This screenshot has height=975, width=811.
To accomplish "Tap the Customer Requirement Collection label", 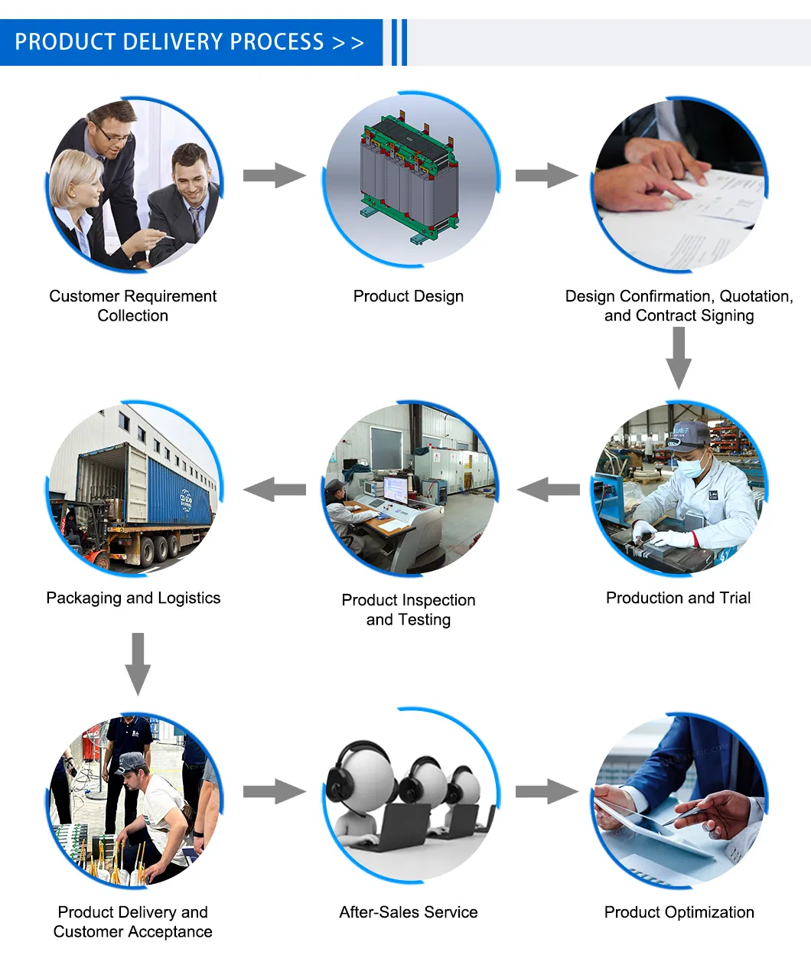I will [x=132, y=305].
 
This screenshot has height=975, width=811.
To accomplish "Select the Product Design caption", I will [x=408, y=296].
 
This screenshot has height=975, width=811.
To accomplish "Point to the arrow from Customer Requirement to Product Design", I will [x=273, y=175].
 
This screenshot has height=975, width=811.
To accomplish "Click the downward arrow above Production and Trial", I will [x=678, y=358].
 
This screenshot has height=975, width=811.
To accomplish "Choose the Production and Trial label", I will [x=678, y=598].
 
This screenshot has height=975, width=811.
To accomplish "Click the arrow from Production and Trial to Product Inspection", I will [x=548, y=489].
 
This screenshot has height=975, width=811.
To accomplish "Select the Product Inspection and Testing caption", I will [x=408, y=609].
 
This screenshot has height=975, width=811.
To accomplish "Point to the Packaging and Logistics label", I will [x=133, y=598].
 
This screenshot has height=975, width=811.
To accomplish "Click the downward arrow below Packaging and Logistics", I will [x=138, y=663].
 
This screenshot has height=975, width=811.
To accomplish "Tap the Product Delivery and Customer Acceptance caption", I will [x=132, y=921].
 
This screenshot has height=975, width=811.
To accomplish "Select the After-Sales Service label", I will [x=408, y=912].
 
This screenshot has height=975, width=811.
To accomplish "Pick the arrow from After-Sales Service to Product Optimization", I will [x=546, y=791].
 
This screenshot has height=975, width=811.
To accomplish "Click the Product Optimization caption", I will [x=679, y=912].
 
